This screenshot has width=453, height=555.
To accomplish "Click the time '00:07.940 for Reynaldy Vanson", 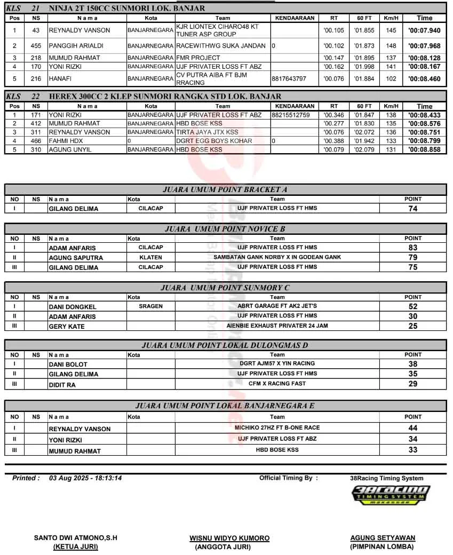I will (424, 30).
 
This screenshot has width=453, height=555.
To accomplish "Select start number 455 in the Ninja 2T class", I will (36, 46).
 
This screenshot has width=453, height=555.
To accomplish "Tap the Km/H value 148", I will (391, 46).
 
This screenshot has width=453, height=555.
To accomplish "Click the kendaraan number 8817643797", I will (289, 79).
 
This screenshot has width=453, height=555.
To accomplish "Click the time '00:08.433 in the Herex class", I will (424, 115).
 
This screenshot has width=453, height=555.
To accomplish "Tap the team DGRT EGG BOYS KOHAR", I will (214, 141).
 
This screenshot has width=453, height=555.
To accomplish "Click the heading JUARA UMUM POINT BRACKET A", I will (225, 189).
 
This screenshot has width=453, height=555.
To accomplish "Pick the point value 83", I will (412, 248).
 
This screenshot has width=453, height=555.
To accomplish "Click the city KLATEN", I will (150, 257).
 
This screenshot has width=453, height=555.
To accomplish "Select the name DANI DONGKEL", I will (73, 307).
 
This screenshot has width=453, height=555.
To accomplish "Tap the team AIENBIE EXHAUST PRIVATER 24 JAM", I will (277, 326).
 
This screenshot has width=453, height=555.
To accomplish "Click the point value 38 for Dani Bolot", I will (412, 364).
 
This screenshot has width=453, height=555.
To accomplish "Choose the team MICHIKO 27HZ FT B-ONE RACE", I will (277, 427).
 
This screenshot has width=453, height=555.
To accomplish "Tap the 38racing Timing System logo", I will (391, 496).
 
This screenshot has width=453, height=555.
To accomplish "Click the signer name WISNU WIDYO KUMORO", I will (229, 538).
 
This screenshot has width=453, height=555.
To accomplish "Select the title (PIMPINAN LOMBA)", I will (382, 546).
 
